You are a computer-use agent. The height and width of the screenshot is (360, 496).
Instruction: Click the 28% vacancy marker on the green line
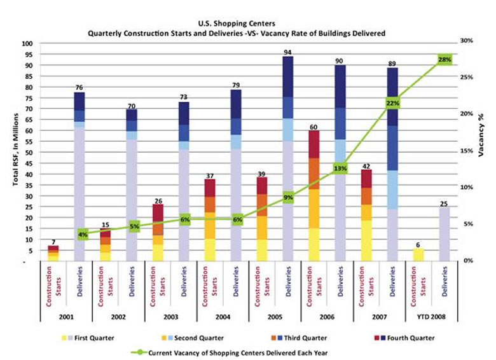click(444, 59)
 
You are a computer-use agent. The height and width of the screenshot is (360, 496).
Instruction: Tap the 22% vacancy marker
click(392, 103)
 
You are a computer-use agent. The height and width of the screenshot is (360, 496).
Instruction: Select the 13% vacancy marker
click(340, 169)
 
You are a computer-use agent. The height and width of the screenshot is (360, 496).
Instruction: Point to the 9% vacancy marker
click(288, 198)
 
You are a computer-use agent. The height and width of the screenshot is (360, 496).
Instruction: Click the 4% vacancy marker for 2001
click(82, 234)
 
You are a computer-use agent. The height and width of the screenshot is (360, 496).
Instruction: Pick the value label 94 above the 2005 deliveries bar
click(288, 52)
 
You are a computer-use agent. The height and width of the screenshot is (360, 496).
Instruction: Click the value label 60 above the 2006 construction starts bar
click(314, 126)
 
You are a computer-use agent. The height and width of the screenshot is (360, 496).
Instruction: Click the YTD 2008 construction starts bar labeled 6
click(418, 254)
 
